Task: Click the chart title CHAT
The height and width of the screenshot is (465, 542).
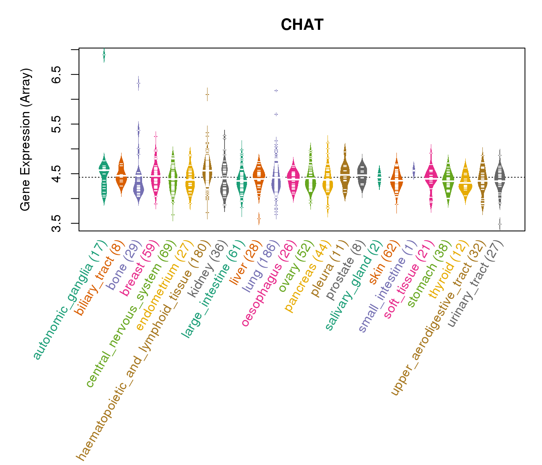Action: click(302, 25)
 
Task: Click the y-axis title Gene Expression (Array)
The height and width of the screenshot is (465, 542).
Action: click(26, 139)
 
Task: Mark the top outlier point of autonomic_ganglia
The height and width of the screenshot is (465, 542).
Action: click(104, 55)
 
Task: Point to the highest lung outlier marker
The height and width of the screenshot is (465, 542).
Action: click(276, 91)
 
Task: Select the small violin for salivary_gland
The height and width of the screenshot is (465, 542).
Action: click(379, 177)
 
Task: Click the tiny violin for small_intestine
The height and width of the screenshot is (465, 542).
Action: click(413, 170)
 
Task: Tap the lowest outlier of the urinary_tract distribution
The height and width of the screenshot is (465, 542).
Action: click(500, 224)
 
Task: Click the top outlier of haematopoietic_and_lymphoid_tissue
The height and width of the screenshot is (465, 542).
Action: click(207, 95)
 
